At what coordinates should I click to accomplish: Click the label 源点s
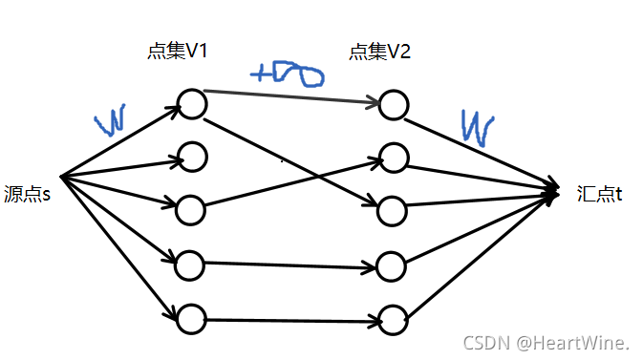point(27,194)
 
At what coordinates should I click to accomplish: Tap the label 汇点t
point(600,194)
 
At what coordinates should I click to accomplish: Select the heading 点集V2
point(380,53)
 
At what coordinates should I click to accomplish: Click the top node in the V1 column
point(192,104)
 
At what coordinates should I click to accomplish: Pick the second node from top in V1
point(192,155)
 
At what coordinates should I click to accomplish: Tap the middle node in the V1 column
point(192,206)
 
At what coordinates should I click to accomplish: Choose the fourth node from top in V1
point(192,263)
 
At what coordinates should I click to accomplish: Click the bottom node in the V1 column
point(192,318)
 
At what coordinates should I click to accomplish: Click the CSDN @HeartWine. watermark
point(546,341)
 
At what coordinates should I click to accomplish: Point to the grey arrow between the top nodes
point(291,96)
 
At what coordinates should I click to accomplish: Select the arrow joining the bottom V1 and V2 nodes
point(292,319)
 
